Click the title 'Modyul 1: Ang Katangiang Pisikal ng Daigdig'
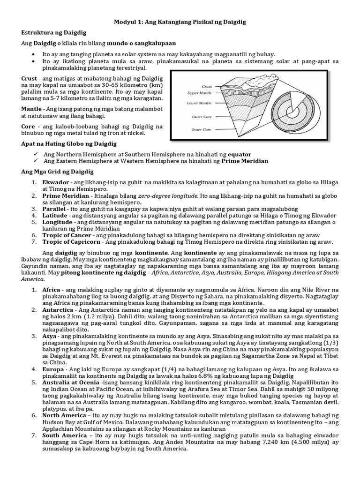point(180,22)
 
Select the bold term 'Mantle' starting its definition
point(32,109)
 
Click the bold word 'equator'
point(240,153)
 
